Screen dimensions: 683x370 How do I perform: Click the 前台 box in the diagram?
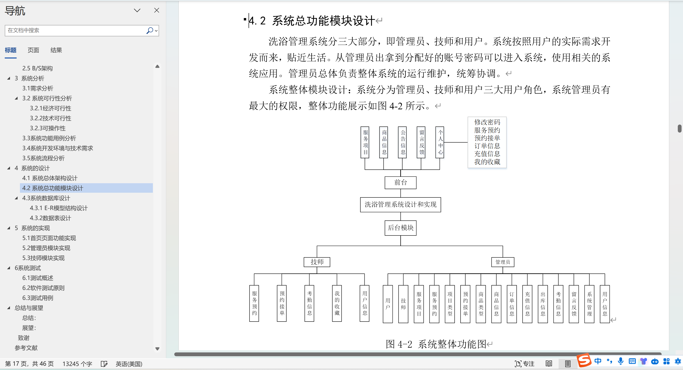coord(400,183)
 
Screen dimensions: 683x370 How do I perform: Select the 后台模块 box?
coord(400,228)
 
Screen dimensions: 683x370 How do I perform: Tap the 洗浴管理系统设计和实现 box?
coord(400,205)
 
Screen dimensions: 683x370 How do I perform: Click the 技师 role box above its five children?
coord(317,262)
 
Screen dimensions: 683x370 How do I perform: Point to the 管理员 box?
coord(503,262)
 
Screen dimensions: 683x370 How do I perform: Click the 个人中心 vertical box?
coord(440,142)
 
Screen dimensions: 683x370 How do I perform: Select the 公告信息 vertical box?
coord(402,142)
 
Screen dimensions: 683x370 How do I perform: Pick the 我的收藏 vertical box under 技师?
coord(337,303)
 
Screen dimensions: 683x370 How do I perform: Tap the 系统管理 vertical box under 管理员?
coord(589,304)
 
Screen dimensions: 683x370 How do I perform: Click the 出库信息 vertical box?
coord(543,304)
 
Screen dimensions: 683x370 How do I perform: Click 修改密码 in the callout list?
coord(487,122)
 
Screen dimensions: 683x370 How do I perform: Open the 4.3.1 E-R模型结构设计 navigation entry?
coord(59,208)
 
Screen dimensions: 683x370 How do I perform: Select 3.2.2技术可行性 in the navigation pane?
coord(50,118)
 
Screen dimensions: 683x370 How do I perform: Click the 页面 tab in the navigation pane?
coord(33,50)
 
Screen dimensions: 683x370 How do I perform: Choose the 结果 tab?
coord(56,50)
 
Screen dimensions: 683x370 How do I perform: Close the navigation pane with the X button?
coord(157,10)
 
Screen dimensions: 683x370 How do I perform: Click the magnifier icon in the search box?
coord(150,30)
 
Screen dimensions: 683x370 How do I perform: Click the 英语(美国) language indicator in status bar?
coord(129,364)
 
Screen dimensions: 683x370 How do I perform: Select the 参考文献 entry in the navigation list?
coord(26,348)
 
